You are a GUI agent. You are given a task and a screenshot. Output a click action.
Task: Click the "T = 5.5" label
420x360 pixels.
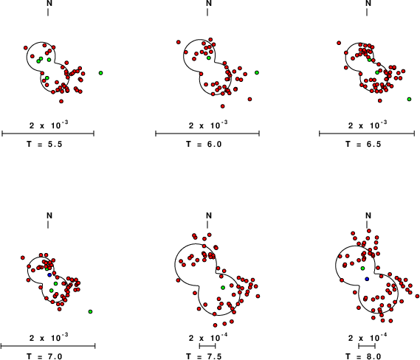(x=44, y=145)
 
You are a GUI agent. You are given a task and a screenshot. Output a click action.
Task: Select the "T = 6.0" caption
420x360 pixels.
(x=204, y=145)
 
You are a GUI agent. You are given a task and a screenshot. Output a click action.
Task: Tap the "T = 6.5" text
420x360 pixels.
(x=363, y=145)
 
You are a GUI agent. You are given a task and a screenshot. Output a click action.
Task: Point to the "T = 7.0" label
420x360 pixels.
(x=44, y=356)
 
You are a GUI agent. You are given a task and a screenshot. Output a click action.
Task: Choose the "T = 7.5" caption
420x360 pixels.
(x=204, y=356)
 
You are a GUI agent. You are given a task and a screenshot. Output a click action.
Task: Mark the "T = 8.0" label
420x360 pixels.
(x=363, y=356)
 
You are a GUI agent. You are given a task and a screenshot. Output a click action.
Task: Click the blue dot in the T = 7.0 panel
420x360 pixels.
(x=49, y=275)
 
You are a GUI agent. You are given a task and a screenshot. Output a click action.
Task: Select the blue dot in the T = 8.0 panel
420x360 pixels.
(x=367, y=279)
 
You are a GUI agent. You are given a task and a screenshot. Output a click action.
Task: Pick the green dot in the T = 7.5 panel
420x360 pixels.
(x=223, y=288)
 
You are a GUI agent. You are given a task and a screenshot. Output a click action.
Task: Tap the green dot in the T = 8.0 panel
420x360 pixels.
(x=362, y=269)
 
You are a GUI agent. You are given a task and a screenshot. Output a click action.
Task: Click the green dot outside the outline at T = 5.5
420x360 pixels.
(x=100, y=73)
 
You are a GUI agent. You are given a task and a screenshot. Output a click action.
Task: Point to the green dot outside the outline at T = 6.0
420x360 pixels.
(x=257, y=72)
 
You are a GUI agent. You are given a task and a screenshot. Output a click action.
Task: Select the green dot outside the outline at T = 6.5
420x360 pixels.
(x=409, y=99)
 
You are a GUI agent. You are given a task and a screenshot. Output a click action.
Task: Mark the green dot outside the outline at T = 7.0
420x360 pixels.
(x=90, y=311)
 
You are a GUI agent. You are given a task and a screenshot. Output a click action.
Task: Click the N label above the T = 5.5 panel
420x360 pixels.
(x=48, y=3)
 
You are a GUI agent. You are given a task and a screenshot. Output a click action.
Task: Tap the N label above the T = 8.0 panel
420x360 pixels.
(x=368, y=215)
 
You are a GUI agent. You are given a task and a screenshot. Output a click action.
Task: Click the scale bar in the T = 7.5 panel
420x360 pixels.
(x=207, y=346)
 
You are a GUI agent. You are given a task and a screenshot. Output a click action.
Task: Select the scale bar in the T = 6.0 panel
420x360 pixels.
(x=207, y=134)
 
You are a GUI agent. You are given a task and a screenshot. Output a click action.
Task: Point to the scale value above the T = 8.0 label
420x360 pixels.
(x=368, y=338)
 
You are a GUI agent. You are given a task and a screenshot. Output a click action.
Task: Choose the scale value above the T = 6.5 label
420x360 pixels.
(x=368, y=125)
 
